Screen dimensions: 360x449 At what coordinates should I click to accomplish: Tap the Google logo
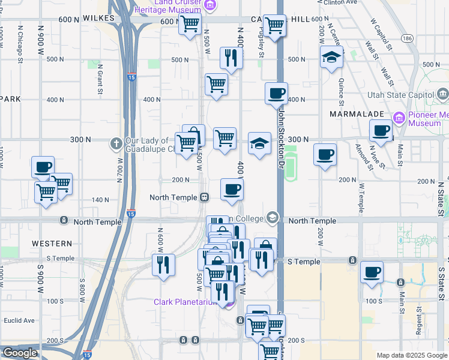pos(19,353)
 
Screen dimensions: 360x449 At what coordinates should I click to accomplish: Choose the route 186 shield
pos(408,38)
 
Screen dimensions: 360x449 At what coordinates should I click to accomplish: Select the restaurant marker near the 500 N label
pos(231,58)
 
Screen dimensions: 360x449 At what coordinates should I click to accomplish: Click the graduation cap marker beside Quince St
pos(331,57)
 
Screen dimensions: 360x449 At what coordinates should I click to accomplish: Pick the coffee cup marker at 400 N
pos(276,94)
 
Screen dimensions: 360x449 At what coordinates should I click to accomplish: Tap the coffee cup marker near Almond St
pos(381,130)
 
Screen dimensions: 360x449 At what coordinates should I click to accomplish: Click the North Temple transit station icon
pos(205,197)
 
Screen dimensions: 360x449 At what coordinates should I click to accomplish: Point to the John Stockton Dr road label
pos(280,137)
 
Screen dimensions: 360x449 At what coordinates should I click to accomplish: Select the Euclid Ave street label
pos(19,320)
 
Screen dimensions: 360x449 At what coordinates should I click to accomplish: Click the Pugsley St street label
pos(262,45)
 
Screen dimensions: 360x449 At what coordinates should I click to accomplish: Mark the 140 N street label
pos(101,200)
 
